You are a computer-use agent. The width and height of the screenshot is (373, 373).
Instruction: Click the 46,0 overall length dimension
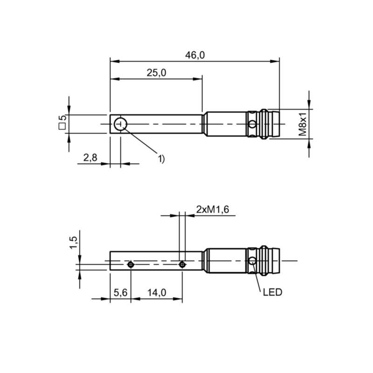(195, 55)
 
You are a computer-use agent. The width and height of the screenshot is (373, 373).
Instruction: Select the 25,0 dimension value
(156, 73)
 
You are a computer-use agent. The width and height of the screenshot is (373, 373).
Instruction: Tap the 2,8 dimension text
(90, 158)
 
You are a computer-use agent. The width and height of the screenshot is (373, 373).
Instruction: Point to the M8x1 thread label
(303, 124)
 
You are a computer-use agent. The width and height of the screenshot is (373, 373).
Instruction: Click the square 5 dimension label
(62, 122)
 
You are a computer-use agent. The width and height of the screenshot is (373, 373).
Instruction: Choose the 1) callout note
(161, 159)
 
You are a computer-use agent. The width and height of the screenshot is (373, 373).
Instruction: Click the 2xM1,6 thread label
(213, 209)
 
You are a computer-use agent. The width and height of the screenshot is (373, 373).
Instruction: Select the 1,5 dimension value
(74, 242)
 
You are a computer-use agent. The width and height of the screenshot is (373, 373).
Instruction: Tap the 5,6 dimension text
(121, 293)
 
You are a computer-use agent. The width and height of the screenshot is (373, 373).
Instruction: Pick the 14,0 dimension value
(157, 293)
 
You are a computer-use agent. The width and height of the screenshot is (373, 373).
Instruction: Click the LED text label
(273, 292)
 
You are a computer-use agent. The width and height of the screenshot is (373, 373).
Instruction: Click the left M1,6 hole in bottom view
(131, 264)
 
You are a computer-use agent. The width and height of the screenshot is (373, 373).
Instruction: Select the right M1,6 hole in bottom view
(182, 264)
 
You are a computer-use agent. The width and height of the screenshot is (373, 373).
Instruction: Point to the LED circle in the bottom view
(252, 261)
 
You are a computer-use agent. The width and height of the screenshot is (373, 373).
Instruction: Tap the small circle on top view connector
(252, 124)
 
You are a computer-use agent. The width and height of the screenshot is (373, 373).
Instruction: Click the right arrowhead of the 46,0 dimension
(275, 62)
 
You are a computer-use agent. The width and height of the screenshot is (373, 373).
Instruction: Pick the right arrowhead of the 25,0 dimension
(198, 79)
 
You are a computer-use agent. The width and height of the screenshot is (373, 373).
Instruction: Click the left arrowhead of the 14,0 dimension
(136, 299)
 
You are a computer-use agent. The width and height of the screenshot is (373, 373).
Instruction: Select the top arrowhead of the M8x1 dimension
(309, 104)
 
